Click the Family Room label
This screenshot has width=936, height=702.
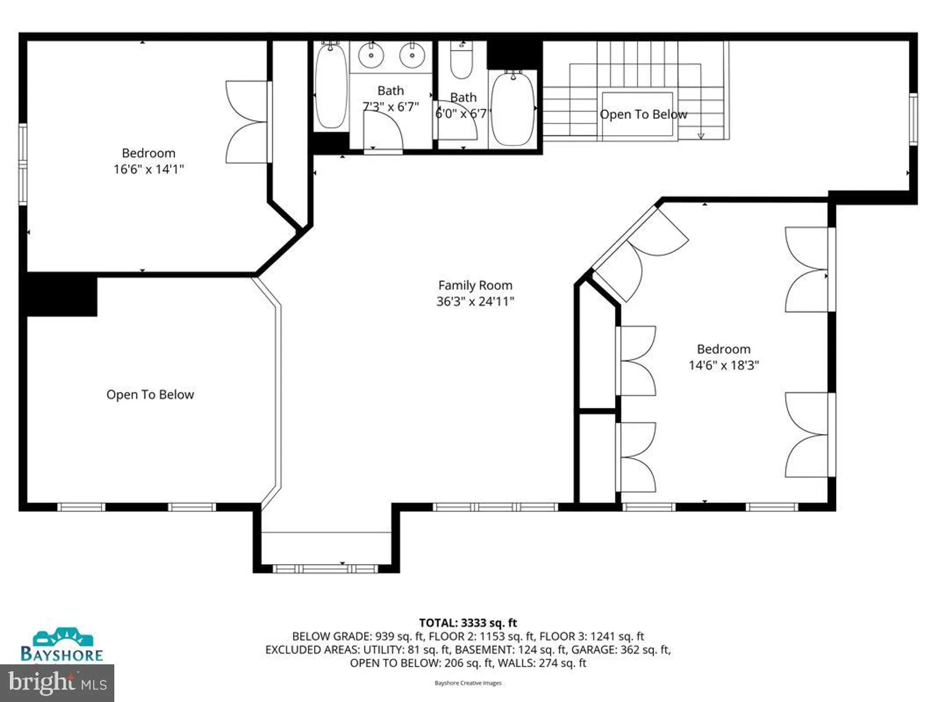(x=475, y=285)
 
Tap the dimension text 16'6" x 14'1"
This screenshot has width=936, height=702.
(x=148, y=169)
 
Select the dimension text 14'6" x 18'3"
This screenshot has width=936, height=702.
(x=724, y=365)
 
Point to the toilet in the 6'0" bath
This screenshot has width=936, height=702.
(x=461, y=61)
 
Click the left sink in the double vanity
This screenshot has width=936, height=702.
(x=371, y=55)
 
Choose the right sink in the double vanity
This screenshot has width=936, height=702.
(x=412, y=55)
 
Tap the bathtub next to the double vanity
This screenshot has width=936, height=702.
(x=331, y=87)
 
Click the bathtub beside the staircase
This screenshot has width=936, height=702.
(x=513, y=109)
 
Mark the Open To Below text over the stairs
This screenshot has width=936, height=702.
(x=643, y=114)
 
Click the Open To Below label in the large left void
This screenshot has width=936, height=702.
(x=150, y=395)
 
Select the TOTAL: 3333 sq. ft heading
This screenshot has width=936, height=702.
(x=468, y=622)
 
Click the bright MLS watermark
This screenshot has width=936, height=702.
(x=57, y=683)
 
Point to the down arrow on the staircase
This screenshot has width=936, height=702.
(x=701, y=136)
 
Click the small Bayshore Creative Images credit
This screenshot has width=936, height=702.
(x=468, y=683)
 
